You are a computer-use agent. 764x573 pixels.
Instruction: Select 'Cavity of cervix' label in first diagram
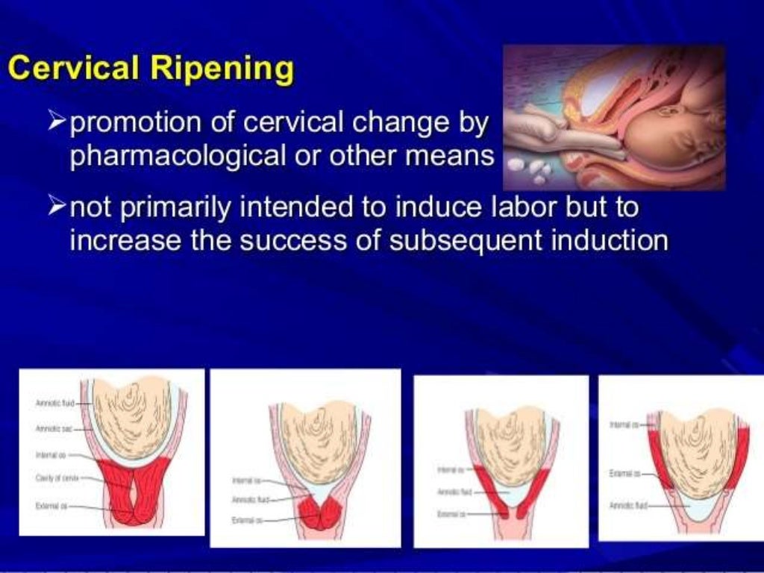(x=57, y=478)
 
